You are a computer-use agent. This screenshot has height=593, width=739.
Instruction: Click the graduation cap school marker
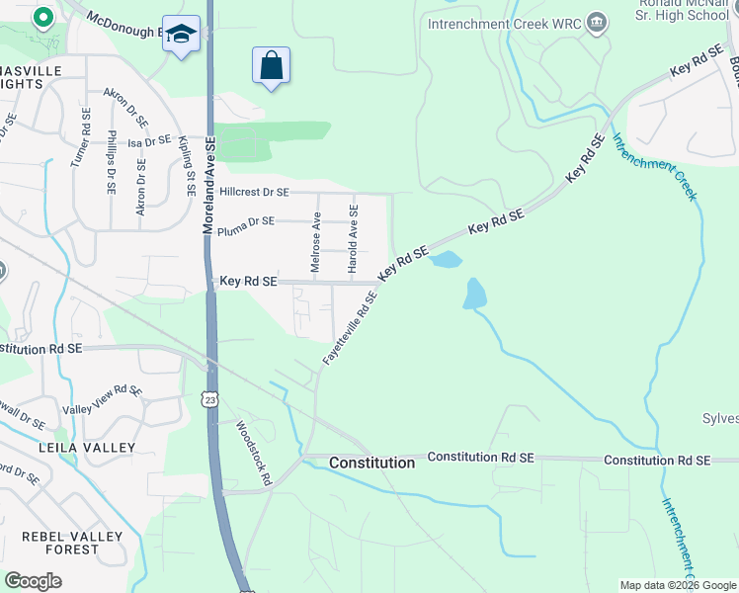click(x=181, y=35)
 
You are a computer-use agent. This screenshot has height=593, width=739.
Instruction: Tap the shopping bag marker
click(x=272, y=66)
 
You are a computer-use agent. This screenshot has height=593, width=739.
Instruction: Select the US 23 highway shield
click(x=209, y=398)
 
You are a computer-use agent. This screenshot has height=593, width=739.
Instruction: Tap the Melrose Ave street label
click(x=316, y=242)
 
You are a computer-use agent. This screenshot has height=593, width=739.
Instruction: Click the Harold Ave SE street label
click(x=352, y=234)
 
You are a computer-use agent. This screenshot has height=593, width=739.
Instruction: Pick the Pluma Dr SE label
click(x=247, y=221)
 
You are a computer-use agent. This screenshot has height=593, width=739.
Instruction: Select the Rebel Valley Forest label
click(x=74, y=544)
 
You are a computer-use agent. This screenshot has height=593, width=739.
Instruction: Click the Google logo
click(x=33, y=580)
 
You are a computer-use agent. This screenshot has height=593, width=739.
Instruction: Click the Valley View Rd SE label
click(x=103, y=400)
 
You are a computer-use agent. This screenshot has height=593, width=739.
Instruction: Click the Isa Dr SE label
click(x=150, y=141)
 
